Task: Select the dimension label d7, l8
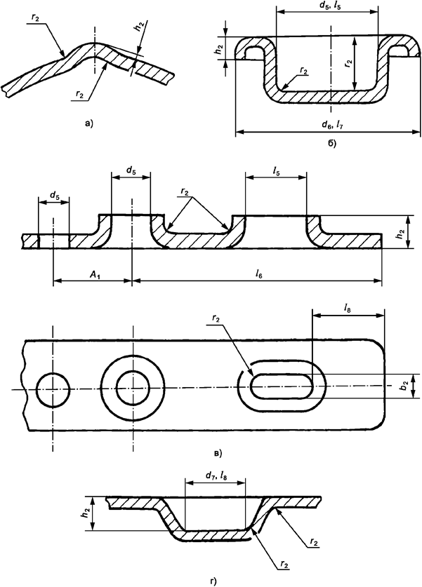(x=215, y=475)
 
